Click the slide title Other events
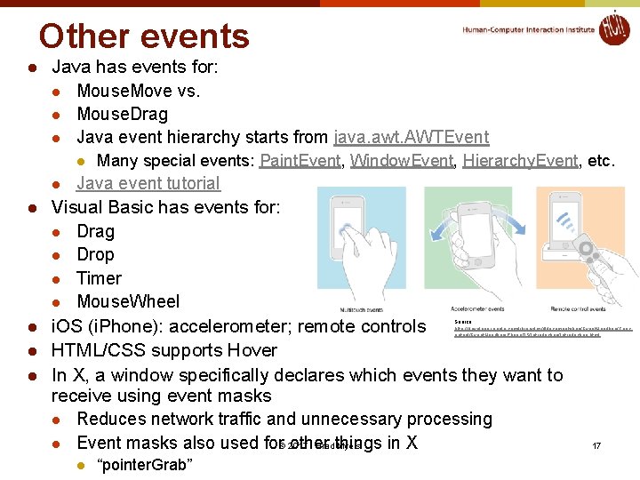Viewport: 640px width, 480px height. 144,36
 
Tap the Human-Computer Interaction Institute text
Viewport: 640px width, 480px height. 528,30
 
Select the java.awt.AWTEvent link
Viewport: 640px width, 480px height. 411,137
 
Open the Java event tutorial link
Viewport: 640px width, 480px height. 148,184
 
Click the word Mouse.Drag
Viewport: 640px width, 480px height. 122,114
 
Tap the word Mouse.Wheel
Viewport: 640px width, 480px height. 128,301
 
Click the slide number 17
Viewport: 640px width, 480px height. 596,444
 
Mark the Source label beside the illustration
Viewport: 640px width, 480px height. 462,321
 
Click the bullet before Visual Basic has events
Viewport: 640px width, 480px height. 30,208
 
